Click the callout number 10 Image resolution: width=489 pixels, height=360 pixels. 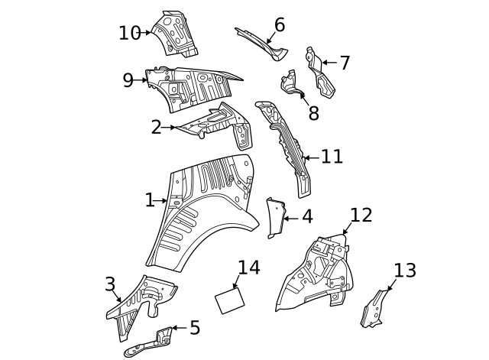pyautogui.click(x=130, y=33)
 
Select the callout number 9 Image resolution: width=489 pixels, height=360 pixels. pyautogui.click(x=128, y=80)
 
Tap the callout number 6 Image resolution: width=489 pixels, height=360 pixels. pyautogui.click(x=279, y=25)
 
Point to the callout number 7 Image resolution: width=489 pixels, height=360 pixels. pyautogui.click(x=345, y=63)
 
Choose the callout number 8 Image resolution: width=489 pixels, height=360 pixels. pyautogui.click(x=313, y=113)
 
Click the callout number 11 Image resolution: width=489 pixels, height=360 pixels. pyautogui.click(x=332, y=157)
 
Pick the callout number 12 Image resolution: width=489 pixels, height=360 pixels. pyautogui.click(x=361, y=215)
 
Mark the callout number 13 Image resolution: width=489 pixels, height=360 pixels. pyautogui.click(x=405, y=270)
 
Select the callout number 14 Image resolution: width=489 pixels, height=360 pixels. pyautogui.click(x=249, y=268)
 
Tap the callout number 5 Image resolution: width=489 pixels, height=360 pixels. pyautogui.click(x=195, y=328)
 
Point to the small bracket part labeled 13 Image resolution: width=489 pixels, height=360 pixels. pyautogui.click(x=374, y=307)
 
